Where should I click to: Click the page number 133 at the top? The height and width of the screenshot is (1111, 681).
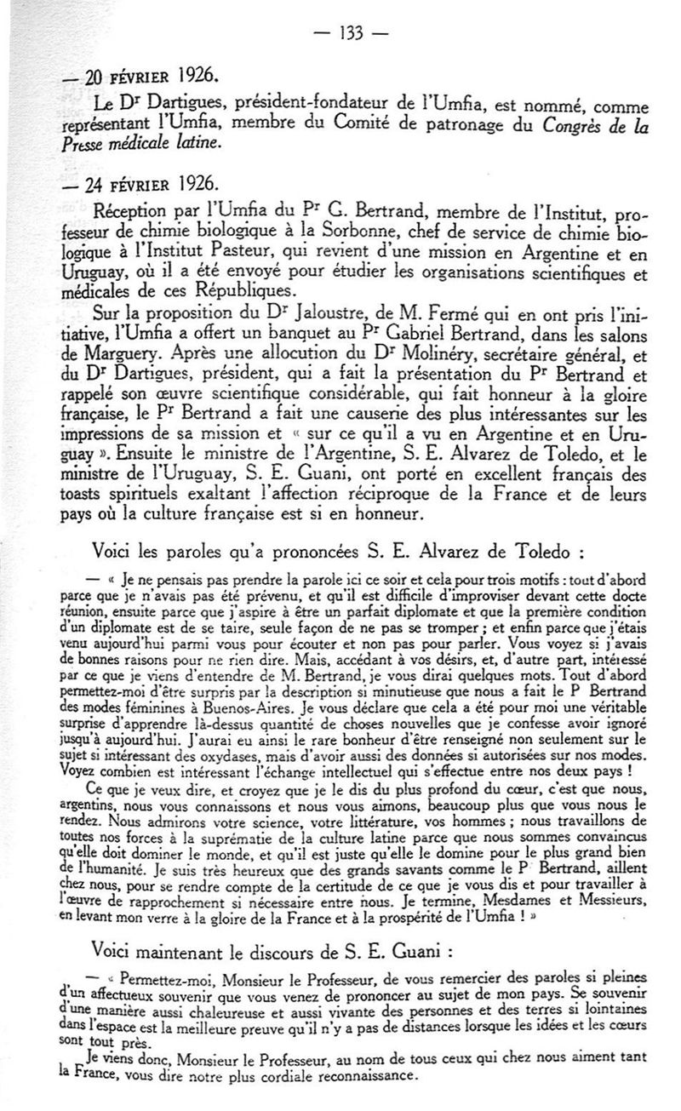(x=351, y=33)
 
